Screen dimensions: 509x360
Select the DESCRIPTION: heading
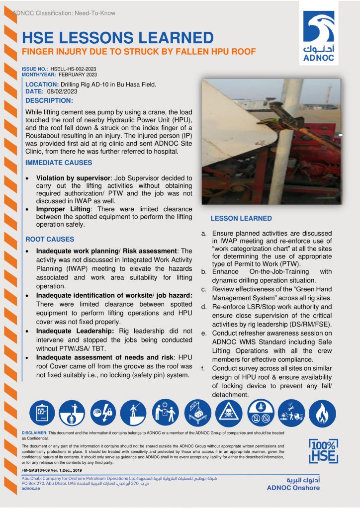coord(49,100)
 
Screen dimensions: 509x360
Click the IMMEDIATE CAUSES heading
coord(59,163)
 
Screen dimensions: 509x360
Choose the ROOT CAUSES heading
coord(50,239)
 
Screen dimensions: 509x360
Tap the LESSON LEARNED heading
coord(241,218)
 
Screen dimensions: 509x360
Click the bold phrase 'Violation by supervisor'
coord(73,177)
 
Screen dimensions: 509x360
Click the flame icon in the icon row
coord(322,413)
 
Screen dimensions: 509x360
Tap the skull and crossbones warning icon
coord(229,414)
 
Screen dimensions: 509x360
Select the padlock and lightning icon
coord(103,413)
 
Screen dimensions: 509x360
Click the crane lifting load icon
coord(197,413)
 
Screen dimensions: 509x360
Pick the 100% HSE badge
coord(323,451)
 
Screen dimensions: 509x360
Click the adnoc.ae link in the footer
coord(31,489)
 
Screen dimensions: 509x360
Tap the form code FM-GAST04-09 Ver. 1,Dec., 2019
coord(52,469)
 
